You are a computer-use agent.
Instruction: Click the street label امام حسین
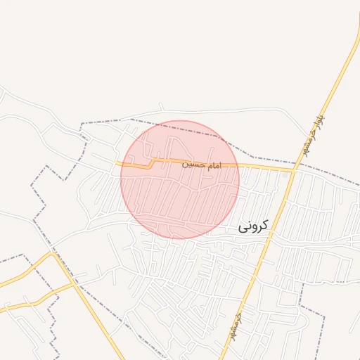pyautogui.click(x=201, y=165)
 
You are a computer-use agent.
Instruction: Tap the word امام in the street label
pyautogui.click(x=212, y=165)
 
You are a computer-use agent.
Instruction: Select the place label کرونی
pyautogui.click(x=253, y=226)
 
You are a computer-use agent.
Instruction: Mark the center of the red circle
pyautogui.click(x=180, y=179)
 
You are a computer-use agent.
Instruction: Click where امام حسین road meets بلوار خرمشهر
pyautogui.click(x=292, y=169)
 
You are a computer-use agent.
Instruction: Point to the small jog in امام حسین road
pyautogui.click(x=150, y=165)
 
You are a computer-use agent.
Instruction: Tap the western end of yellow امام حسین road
pyautogui.click(x=117, y=163)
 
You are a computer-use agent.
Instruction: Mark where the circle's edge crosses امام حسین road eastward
pyautogui.click(x=238, y=166)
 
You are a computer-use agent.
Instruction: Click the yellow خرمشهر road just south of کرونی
pyautogui.click(x=261, y=253)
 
